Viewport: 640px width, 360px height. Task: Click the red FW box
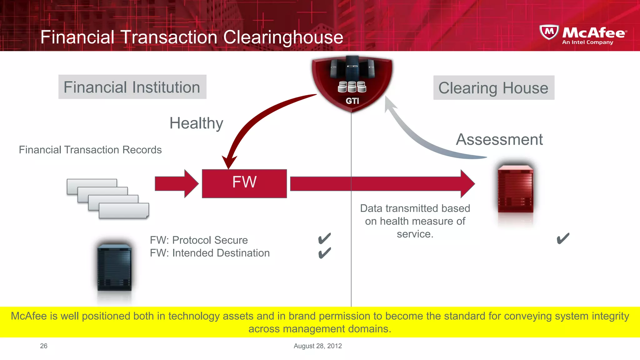pyautogui.click(x=244, y=183)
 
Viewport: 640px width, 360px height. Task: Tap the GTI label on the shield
pyautogui.click(x=352, y=101)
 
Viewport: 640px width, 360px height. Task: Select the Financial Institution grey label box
pyautogui.click(x=132, y=87)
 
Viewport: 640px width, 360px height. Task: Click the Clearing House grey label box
pyautogui.click(x=493, y=88)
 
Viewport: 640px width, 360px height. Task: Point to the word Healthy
pyautogui.click(x=196, y=123)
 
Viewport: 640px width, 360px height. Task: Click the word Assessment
pyautogui.click(x=499, y=139)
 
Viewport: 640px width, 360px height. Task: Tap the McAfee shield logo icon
pyautogui.click(x=549, y=32)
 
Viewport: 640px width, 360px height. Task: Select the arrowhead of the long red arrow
pyautogui.click(x=467, y=184)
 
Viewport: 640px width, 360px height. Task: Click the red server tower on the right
pyautogui.click(x=515, y=189)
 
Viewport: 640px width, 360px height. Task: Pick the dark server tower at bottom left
pyautogui.click(x=114, y=267)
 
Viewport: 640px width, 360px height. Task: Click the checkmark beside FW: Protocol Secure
pyautogui.click(x=324, y=239)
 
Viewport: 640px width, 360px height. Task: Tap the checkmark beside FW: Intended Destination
pyautogui.click(x=324, y=253)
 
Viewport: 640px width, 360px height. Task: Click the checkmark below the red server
pyautogui.click(x=563, y=239)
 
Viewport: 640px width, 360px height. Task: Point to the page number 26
pyautogui.click(x=44, y=346)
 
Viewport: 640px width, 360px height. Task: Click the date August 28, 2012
pyautogui.click(x=317, y=346)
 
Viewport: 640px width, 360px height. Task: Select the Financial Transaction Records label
pyautogui.click(x=90, y=150)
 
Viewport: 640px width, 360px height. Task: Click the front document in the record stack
pyautogui.click(x=124, y=211)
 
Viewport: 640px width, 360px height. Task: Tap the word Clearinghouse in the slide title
pyautogui.click(x=283, y=37)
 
